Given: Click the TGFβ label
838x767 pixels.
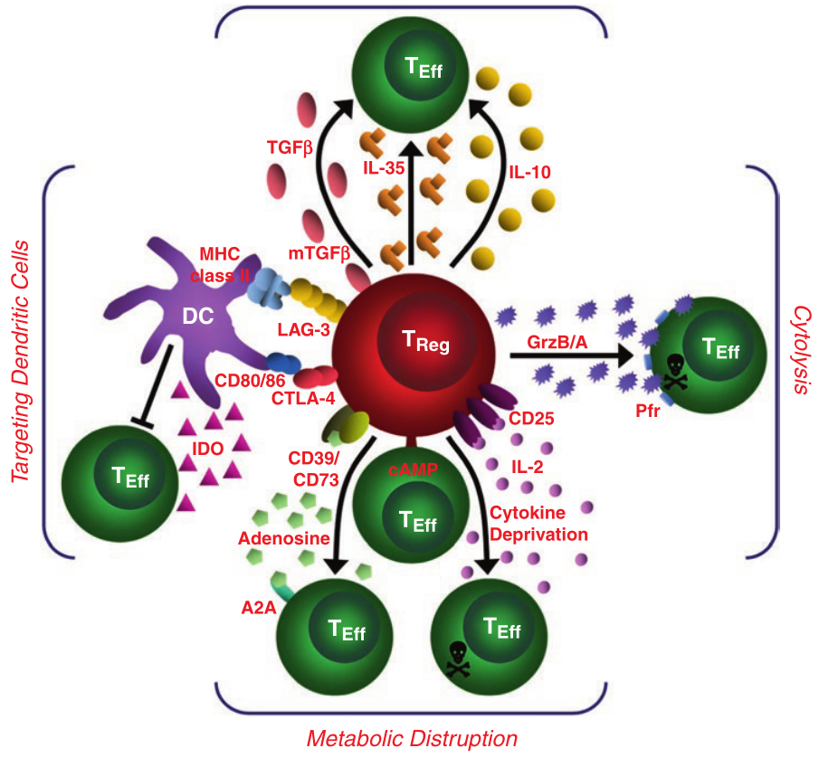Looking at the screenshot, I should click(x=290, y=146).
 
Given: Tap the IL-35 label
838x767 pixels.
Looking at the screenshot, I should click(x=385, y=166).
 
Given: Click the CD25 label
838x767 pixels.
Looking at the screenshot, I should click(x=531, y=419).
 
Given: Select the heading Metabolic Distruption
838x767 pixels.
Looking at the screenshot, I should click(x=412, y=739).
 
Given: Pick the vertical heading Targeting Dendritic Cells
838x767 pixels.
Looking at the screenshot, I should click(x=22, y=362).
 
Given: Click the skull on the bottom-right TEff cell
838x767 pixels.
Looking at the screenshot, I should click(x=457, y=657).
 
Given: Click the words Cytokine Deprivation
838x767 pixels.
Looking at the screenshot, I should click(x=538, y=524).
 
